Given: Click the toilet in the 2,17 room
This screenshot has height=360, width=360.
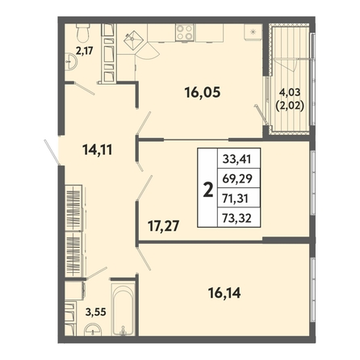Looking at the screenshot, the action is point(83,32).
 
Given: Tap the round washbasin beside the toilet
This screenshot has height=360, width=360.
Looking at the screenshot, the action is point(71,61).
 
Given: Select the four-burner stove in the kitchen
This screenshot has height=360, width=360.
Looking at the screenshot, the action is point(185,32).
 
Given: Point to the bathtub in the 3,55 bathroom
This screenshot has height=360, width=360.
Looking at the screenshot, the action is point(123,309).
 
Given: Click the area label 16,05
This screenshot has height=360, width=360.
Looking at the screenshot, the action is point(203,93).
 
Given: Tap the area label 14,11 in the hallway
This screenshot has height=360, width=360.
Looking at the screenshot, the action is point(98,149).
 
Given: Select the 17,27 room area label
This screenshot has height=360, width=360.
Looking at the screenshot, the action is point(164,226).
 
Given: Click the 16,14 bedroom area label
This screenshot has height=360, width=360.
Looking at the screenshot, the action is point(224,293).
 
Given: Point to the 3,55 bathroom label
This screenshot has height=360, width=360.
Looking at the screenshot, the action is point(96,312).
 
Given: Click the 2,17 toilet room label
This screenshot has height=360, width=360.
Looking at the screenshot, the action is point(84,51).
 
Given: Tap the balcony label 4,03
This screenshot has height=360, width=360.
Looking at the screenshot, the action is point(290,93).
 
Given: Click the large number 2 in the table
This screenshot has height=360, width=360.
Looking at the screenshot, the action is point(207,190).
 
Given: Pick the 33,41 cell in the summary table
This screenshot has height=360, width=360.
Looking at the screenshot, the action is point(237,159).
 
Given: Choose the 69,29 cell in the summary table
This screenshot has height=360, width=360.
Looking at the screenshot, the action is point(237,178).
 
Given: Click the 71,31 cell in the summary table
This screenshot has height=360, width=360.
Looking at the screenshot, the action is point(236,199).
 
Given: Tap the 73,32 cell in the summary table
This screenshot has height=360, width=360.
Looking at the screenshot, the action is point(237,218).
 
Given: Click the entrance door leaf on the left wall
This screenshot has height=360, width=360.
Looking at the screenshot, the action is point(52,152).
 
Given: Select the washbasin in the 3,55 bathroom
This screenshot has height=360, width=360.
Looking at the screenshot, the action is point(93,330).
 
